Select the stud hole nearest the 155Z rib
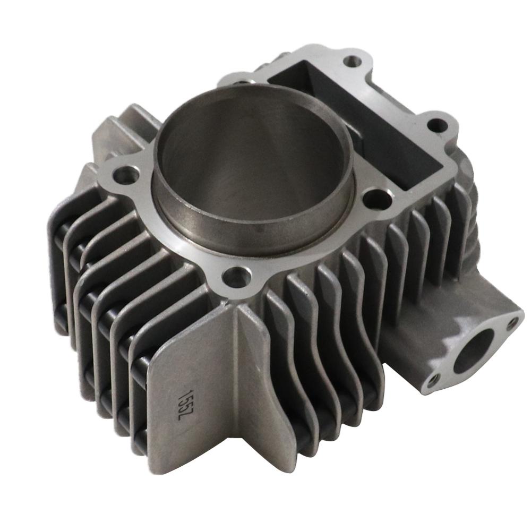coord(237,277)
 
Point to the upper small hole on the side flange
coord(512,322)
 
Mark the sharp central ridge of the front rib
coord(234,372)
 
